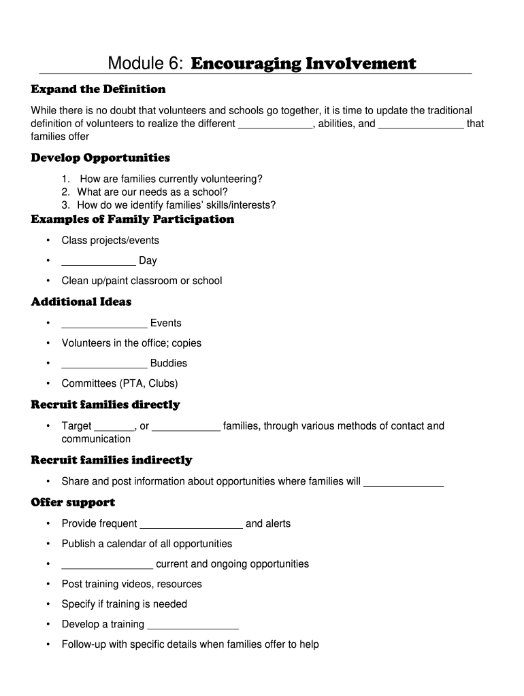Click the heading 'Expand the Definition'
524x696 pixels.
coord(98,90)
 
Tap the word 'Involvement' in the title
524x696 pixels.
coord(361,64)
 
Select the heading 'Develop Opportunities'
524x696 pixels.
coord(100,158)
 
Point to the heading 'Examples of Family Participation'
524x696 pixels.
coord(132,220)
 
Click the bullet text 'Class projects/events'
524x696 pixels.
coord(110,241)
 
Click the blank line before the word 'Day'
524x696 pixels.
coord(98,262)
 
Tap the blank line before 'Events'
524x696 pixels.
coord(104,324)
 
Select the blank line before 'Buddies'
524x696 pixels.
coord(104,364)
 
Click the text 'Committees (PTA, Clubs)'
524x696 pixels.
coord(119,383)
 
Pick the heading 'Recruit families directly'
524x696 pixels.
coord(105,405)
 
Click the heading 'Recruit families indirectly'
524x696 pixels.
coord(112,461)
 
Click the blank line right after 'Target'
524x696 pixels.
coord(115,428)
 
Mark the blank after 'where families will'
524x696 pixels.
coord(404,483)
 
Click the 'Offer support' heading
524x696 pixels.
coord(73,503)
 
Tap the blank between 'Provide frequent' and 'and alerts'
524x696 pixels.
coord(191,525)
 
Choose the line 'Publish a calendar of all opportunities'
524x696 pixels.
coord(147,544)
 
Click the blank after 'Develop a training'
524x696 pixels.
coord(193,625)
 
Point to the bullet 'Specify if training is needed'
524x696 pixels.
coord(124,604)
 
